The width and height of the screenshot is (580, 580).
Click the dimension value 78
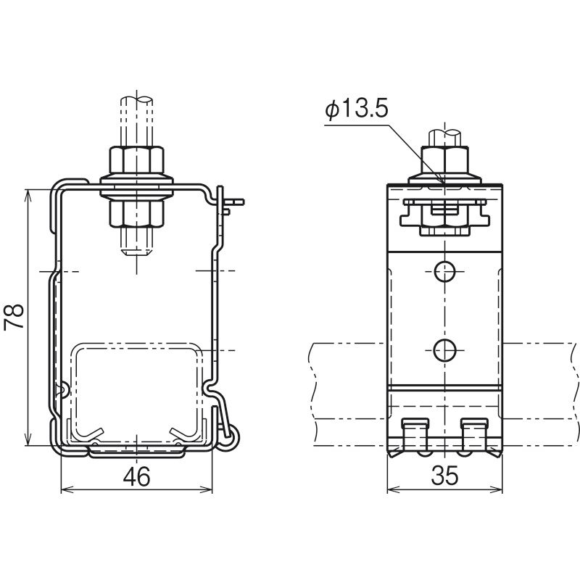[x=14, y=317]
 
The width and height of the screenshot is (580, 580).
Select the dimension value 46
[x=137, y=476]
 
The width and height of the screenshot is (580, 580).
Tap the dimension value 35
[x=444, y=476]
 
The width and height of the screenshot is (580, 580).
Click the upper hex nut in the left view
[x=136, y=159]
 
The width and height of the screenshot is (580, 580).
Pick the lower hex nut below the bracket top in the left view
[x=136, y=214]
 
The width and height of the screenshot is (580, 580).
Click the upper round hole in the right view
[x=444, y=271]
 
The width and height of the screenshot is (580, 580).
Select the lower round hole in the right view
[x=444, y=350]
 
